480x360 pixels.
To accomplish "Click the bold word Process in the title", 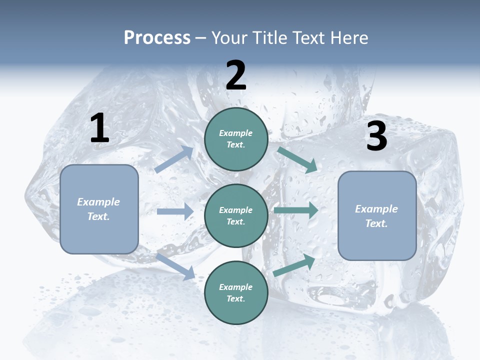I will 157,38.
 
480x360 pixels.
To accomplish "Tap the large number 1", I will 99,128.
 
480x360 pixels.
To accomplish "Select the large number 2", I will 236,75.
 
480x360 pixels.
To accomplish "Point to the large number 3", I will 376,136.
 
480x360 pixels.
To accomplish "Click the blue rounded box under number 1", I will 99,209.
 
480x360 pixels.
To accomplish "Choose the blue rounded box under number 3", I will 377,215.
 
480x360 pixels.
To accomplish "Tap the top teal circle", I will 236,139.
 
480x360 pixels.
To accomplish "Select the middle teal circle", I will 236,215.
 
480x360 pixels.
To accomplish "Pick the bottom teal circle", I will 236,292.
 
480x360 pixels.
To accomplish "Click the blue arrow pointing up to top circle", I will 174,159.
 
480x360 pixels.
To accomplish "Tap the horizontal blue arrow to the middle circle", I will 175,211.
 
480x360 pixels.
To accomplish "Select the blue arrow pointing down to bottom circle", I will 175,266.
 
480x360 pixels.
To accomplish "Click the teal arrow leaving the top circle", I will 297,159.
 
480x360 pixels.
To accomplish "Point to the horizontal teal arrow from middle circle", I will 296,210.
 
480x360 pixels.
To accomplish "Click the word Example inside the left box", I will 98,202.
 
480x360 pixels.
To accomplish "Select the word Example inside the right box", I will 376,209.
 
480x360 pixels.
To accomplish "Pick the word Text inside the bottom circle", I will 236,298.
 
